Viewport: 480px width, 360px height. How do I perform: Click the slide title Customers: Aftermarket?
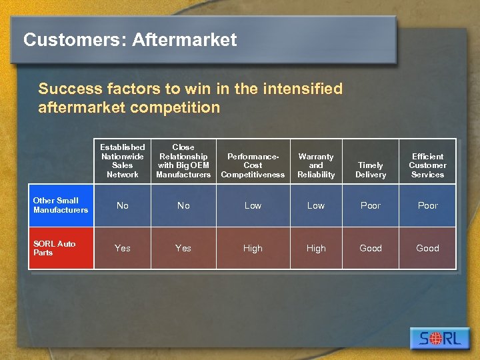[130, 40]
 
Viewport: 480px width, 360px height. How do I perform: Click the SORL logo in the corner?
[440, 338]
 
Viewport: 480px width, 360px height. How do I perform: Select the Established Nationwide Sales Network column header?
[123, 161]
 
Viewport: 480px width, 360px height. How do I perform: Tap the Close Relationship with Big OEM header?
[183, 161]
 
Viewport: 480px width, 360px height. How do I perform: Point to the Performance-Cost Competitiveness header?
[253, 165]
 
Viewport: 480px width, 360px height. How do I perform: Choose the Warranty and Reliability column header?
[316, 165]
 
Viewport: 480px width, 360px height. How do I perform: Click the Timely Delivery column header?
[371, 170]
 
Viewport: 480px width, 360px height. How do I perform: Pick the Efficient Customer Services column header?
[427, 165]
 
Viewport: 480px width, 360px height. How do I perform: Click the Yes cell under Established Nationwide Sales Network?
[123, 248]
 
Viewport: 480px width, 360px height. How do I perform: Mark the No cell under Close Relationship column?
[183, 205]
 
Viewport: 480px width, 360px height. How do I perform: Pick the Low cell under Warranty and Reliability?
[316, 205]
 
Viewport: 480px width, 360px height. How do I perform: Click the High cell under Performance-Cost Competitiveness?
[253, 248]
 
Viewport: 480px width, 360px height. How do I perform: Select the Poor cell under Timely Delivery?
[371, 205]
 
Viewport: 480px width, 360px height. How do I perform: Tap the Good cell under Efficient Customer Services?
[427, 248]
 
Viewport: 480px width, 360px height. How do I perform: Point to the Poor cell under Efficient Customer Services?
[427, 205]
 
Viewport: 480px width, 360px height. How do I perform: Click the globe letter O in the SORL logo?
[435, 339]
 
